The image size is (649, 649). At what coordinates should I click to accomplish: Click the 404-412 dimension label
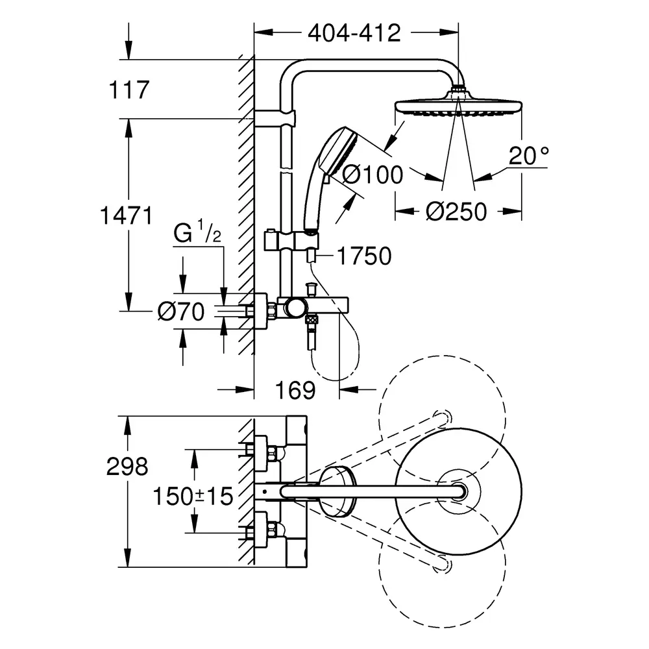coord(354,32)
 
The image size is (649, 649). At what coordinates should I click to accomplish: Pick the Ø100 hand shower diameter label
coord(372,174)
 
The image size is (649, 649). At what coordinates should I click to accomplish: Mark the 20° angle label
coord(528,156)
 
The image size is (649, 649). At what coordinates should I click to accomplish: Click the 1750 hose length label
coord(363,257)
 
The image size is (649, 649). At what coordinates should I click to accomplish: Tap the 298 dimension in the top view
coord(127,466)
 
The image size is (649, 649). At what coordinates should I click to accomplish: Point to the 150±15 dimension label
coord(192,497)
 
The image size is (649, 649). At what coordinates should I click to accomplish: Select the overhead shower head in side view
coord(458,106)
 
